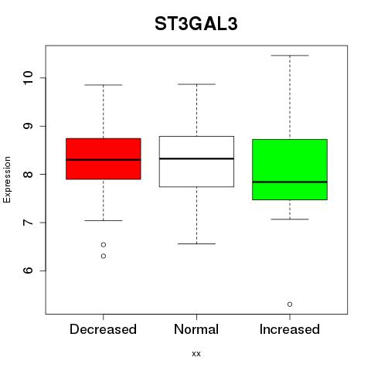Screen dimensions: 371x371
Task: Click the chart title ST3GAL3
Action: tap(196, 24)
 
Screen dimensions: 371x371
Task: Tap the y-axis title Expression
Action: tap(7, 179)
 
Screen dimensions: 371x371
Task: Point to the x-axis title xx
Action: tap(196, 354)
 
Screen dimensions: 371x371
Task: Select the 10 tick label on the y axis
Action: tap(28, 78)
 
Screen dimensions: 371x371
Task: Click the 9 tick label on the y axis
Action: tap(28, 126)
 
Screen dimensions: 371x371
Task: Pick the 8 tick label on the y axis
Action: tap(28, 174)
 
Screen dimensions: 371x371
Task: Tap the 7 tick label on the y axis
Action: tap(28, 223)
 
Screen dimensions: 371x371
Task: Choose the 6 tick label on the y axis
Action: tap(28, 271)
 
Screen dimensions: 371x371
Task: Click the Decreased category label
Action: tap(103, 329)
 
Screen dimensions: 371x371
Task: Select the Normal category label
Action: tap(196, 329)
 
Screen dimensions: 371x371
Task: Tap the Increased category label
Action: tap(290, 329)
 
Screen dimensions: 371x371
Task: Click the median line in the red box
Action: tap(104, 160)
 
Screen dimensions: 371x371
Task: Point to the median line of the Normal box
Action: tap(196, 158)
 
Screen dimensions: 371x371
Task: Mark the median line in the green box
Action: tap(290, 182)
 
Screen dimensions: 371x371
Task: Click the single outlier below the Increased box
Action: tap(290, 305)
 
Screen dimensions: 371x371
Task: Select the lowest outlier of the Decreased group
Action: tap(104, 256)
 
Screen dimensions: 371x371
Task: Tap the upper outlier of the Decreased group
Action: tap(104, 244)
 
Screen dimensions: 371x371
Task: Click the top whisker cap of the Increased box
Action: tap(290, 56)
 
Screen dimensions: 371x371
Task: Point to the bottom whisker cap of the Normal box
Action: tap(196, 243)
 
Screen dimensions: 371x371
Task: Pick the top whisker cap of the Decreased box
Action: tap(104, 85)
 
